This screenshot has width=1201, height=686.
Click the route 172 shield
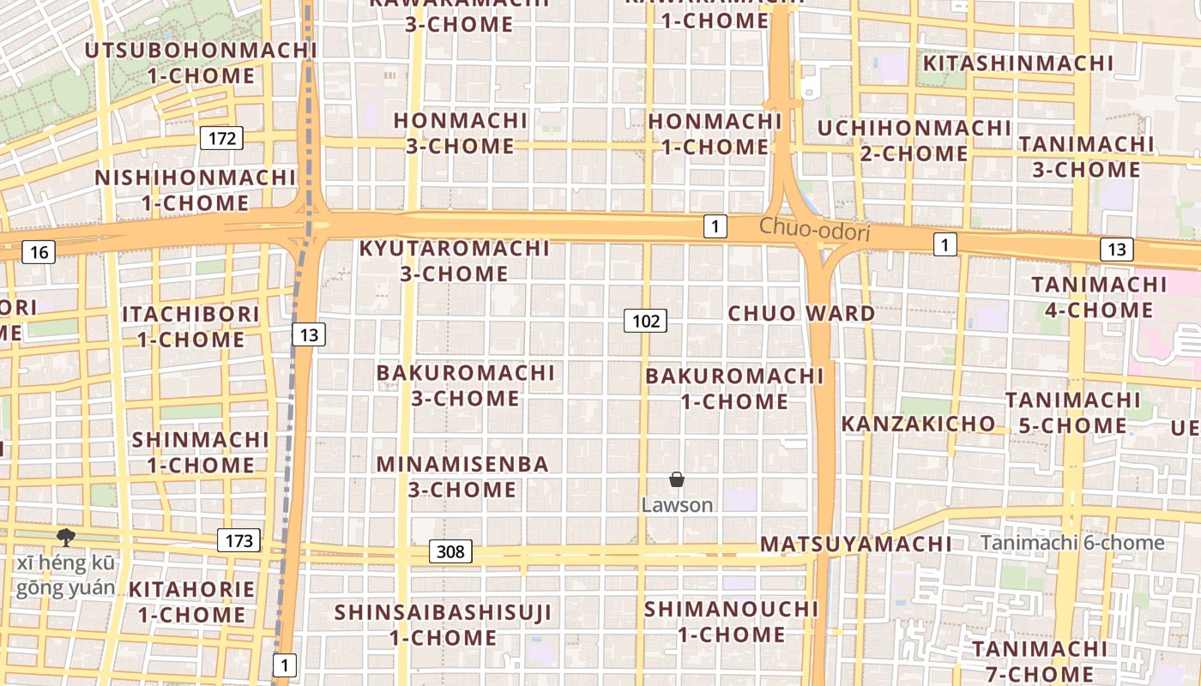point(221,137)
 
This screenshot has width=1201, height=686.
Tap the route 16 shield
point(39,251)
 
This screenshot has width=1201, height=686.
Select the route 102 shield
point(645,321)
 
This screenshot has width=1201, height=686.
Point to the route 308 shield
point(450,551)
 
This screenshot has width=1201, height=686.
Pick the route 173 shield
point(238,540)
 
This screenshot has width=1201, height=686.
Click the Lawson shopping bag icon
point(677,479)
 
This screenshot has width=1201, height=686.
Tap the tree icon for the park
point(65,538)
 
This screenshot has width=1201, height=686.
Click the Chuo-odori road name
point(814,231)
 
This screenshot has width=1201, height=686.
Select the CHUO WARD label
point(801,313)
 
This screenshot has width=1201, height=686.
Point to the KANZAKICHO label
point(918,424)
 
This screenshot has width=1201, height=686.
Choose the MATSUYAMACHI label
point(855,544)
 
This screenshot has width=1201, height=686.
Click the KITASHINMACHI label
point(1017,63)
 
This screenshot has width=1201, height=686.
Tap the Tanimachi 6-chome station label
point(1072,542)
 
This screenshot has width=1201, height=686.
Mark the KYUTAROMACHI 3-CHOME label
point(454,261)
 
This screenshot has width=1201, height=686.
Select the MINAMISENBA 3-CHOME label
point(462,477)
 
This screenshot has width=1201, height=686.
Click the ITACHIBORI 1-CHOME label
point(190,326)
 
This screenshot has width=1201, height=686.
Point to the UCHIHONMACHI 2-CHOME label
point(914,141)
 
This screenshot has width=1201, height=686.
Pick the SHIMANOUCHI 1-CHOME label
point(732,622)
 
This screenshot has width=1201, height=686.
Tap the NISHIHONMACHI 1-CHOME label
point(195,190)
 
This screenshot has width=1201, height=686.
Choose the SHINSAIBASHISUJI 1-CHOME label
point(444,624)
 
